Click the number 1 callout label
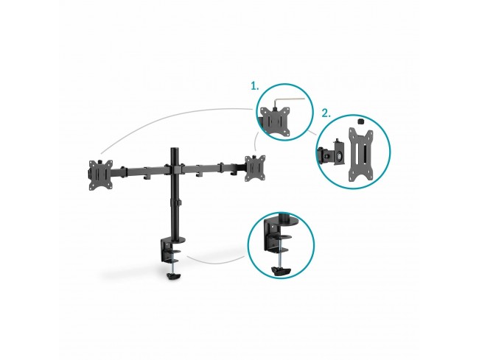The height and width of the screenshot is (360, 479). point(254,86)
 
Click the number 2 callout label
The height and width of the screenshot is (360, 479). point(326,113)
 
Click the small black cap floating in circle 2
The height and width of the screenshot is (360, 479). point(360,121)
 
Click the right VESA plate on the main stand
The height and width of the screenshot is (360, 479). point(255,169)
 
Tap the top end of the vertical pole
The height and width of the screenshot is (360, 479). point(175,149)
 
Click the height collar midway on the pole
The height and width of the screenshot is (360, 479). point(176,202)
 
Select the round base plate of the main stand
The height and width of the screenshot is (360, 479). point(177,240)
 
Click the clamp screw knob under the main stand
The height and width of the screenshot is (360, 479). point(173,276)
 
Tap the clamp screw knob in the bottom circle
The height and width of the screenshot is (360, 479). point(281,271)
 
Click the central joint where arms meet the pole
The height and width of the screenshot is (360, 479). point(175,169)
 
